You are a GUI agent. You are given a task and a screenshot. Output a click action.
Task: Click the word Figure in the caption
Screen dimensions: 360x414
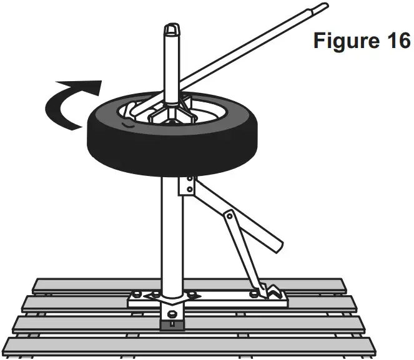[343, 41]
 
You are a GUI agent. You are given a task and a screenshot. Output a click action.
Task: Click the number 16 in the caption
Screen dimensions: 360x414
[394, 41]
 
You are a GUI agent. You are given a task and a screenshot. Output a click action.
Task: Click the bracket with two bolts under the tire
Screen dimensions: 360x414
[185, 187]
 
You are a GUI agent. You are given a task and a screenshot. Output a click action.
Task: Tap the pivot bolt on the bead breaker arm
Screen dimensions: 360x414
[230, 215]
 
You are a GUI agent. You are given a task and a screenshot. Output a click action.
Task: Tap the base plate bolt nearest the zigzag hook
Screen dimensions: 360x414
[253, 293]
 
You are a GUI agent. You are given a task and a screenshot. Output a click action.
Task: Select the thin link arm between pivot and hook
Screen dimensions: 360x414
[240, 250]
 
